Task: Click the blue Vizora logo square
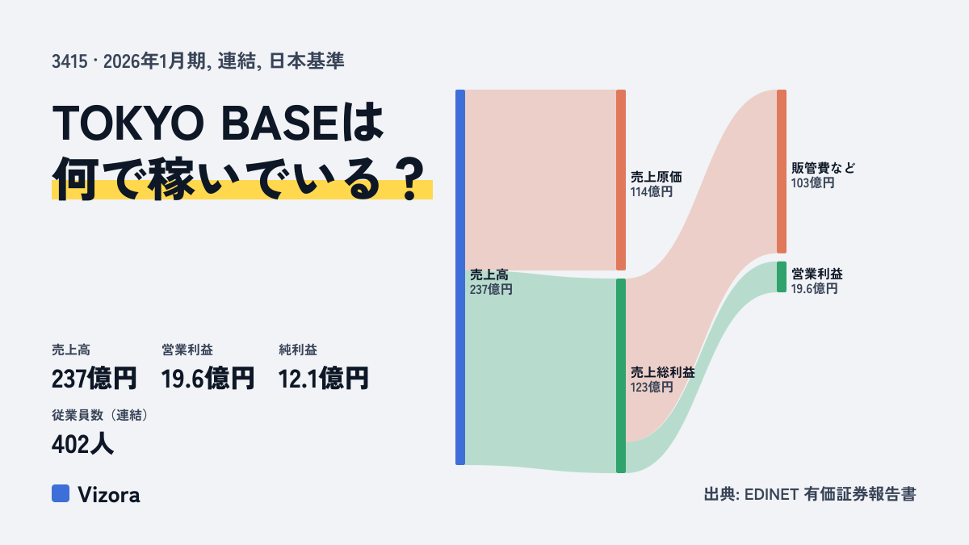[x=61, y=493]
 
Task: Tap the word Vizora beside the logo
[x=108, y=495]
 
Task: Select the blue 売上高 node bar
[x=460, y=277]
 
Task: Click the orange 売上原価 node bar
[x=621, y=180]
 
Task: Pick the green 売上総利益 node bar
[x=621, y=375]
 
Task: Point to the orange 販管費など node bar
[x=782, y=171]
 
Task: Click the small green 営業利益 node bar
[x=782, y=277]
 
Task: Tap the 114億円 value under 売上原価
[x=652, y=191]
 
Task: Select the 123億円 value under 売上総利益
[x=652, y=387]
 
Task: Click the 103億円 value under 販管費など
[x=812, y=183]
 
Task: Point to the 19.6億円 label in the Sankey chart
[x=814, y=288]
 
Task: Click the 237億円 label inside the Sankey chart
[x=491, y=289]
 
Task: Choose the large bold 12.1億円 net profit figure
[x=323, y=379]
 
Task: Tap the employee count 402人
[x=82, y=444]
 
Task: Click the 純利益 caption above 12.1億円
[x=298, y=350]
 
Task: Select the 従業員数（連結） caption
[x=100, y=415]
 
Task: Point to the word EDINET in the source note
[x=771, y=494]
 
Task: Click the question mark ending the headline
[x=410, y=178]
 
